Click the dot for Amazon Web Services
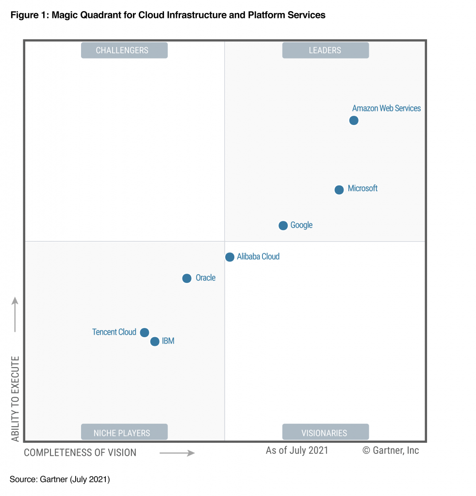(354, 120)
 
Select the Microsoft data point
(339, 189)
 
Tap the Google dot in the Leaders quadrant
(283, 225)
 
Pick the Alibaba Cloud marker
(230, 257)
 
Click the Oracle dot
(187, 278)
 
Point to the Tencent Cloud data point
(144, 332)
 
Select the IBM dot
(154, 341)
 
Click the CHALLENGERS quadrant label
(124, 50)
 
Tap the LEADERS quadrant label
(325, 50)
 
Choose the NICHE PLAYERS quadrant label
(124, 433)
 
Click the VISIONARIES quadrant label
(325, 433)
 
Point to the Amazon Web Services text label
(386, 108)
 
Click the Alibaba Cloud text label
(258, 257)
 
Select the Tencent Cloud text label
(114, 332)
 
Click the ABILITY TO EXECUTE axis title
(16, 399)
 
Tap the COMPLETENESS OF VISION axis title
(80, 453)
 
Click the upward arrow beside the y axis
(15, 314)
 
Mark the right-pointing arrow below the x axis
(177, 453)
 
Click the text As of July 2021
(297, 450)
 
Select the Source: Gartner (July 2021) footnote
(60, 480)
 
